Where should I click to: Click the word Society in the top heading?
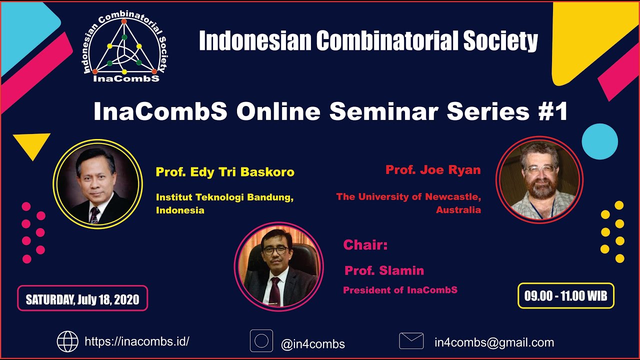[x=500, y=40]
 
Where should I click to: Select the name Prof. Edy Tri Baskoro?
[x=225, y=172]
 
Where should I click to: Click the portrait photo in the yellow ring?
[x=98, y=184]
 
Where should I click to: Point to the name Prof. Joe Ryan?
[x=433, y=170]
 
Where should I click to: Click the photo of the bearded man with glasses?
[x=539, y=179]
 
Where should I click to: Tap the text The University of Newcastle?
[x=408, y=197]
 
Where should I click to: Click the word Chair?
[x=365, y=245]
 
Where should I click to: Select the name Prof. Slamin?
[x=384, y=270]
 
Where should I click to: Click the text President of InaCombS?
[x=400, y=290]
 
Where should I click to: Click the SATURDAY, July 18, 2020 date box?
[x=82, y=299]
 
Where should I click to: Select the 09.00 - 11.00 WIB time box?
[x=565, y=295]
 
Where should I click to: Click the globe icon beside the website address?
[x=67, y=341]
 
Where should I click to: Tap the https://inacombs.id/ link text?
[x=137, y=342]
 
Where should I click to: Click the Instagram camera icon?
[x=261, y=341]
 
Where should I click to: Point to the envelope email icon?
[x=411, y=341]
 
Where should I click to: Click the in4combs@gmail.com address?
[x=494, y=342]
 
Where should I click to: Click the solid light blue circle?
[x=599, y=142]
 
